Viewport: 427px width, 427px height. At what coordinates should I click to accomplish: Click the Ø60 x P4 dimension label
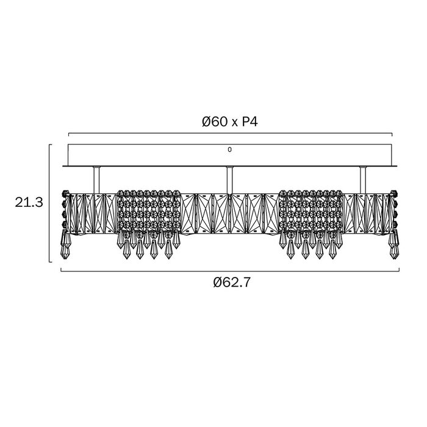click(x=229, y=122)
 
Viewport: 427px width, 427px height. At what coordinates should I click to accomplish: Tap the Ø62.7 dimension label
click(x=231, y=282)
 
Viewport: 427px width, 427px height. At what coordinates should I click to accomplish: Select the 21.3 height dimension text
click(x=29, y=203)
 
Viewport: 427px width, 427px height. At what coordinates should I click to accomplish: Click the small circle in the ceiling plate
click(x=229, y=149)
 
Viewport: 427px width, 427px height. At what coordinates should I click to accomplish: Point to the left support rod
click(x=96, y=180)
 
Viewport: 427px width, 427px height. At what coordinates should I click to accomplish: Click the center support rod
click(x=229, y=180)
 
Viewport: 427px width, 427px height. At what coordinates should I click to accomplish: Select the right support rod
click(x=363, y=180)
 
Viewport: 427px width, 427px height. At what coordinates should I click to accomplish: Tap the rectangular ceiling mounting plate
click(x=229, y=155)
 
